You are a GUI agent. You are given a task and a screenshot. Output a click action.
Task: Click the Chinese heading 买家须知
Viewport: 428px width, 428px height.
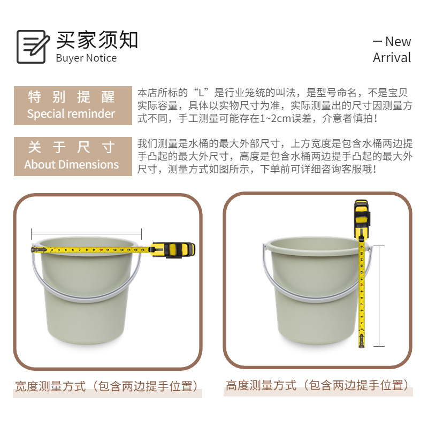coord(97,40)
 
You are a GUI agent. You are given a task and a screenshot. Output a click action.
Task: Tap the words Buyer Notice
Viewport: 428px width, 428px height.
coord(86,58)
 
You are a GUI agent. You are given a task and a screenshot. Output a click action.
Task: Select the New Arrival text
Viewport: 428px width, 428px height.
coord(392,49)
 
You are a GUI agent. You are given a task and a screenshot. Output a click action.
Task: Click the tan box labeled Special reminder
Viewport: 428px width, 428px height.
coord(73,105)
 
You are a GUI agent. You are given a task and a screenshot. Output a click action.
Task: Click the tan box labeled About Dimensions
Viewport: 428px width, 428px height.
coord(73,156)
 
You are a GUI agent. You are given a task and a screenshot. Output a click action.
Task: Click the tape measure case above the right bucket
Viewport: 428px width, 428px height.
coord(362,215)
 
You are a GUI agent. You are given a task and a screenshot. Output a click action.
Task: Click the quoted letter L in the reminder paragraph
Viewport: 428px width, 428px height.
coord(203,92)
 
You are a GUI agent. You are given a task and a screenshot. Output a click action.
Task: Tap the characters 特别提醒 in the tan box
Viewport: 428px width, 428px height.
coord(72,97)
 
